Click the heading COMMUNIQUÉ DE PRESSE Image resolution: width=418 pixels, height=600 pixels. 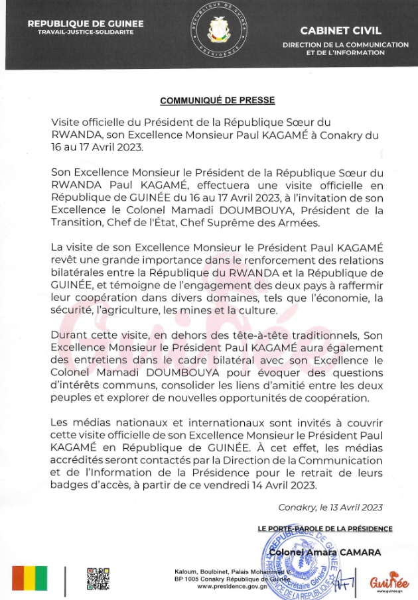[217, 101]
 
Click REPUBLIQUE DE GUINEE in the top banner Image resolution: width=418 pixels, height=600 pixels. [86, 24]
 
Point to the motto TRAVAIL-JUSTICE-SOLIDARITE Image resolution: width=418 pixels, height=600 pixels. [86, 32]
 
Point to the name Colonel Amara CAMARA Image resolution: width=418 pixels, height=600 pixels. [333, 552]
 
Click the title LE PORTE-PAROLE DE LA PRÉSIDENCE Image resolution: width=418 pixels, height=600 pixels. [325, 528]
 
